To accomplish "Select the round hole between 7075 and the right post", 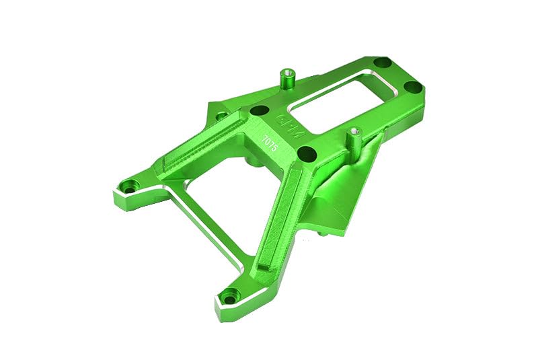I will click(x=303, y=151).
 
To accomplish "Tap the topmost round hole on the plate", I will click(x=381, y=63).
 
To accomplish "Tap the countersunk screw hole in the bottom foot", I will click(x=231, y=293).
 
